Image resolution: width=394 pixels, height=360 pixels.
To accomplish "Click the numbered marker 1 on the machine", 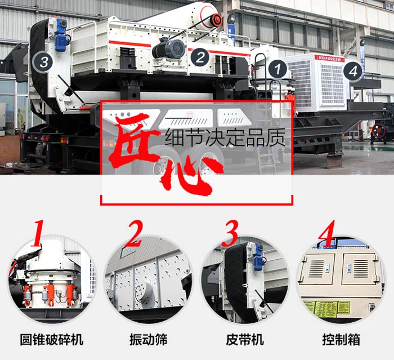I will click(x=276, y=69).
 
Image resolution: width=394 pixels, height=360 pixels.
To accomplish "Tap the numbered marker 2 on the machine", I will click(x=199, y=57).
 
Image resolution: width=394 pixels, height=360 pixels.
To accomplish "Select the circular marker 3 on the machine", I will click(x=43, y=61).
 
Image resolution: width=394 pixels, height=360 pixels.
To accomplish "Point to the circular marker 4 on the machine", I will click(x=352, y=71).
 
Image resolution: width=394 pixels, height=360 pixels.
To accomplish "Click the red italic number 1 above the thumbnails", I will click(x=38, y=232).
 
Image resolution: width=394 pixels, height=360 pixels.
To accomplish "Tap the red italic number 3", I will click(x=231, y=233).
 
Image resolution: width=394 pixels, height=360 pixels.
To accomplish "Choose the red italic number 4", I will click(x=326, y=233).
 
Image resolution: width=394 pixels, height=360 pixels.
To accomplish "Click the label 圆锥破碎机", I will click(x=51, y=339).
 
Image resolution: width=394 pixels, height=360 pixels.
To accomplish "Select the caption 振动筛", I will click(x=148, y=339).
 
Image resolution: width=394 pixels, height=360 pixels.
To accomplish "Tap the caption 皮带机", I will click(x=244, y=339).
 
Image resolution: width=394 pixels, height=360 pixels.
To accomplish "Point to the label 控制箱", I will click(x=341, y=339).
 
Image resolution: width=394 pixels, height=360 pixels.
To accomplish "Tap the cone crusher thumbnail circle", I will click(x=51, y=279).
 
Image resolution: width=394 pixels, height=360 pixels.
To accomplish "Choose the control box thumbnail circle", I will click(x=341, y=279).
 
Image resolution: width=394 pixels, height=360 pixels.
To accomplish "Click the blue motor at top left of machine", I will click(x=61, y=35).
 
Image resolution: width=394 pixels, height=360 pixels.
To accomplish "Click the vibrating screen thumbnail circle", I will click(x=148, y=279).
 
